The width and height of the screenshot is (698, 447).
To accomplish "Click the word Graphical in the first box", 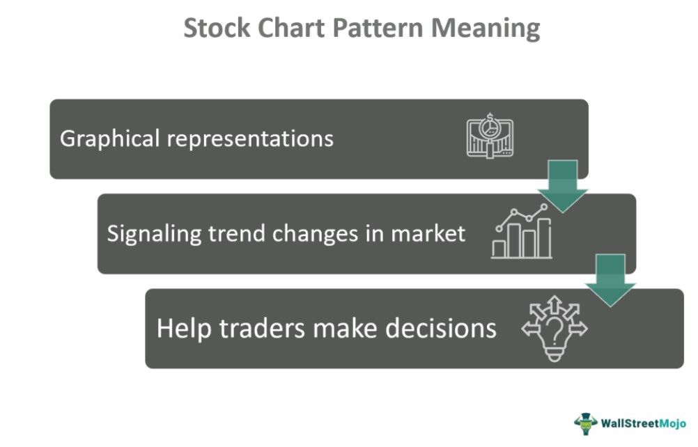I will coord(111,139).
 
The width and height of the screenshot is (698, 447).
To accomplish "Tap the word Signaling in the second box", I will coord(155,233).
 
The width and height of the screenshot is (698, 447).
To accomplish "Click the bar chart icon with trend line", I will coord(522,233).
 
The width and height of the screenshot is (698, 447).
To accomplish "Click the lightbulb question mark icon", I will coord(554,328).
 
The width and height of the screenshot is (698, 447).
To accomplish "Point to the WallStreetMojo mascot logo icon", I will coord(586,423).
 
